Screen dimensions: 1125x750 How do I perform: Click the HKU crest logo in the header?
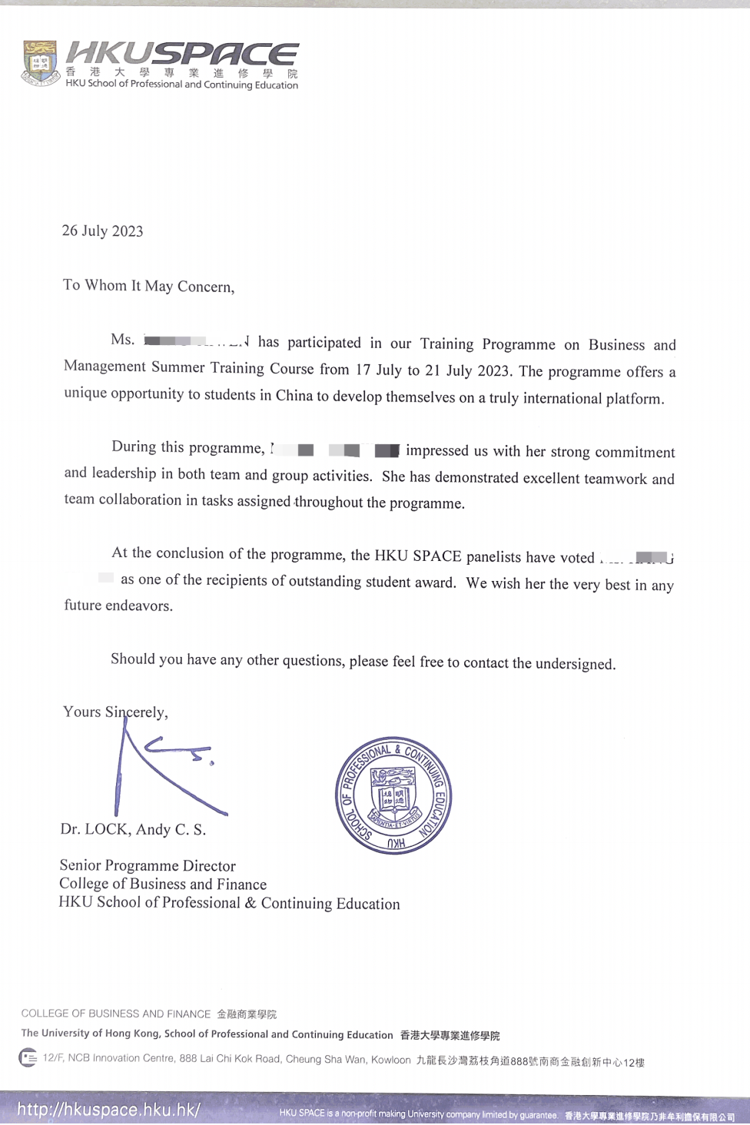click(x=40, y=62)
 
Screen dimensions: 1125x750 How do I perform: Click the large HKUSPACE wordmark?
click(x=182, y=54)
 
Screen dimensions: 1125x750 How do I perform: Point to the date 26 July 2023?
click(x=102, y=231)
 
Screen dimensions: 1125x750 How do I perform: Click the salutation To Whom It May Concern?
click(x=148, y=286)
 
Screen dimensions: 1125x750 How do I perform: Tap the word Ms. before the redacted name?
click(x=122, y=340)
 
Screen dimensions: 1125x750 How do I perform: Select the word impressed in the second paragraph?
click(x=436, y=451)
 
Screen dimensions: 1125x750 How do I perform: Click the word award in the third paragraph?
click(x=434, y=582)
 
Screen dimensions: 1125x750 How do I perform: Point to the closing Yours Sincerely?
click(x=115, y=712)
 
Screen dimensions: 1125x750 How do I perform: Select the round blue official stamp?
click(x=393, y=795)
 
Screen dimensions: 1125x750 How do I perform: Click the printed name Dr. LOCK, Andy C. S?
click(x=133, y=829)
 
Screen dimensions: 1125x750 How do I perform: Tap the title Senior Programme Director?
click(x=148, y=866)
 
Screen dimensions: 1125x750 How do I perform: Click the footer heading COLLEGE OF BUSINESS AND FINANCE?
click(x=116, y=1014)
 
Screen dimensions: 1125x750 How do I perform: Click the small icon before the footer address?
click(x=28, y=1058)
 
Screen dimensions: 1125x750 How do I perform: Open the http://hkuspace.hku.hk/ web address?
click(x=108, y=1110)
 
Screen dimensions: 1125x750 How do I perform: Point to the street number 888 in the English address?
click(x=187, y=1059)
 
